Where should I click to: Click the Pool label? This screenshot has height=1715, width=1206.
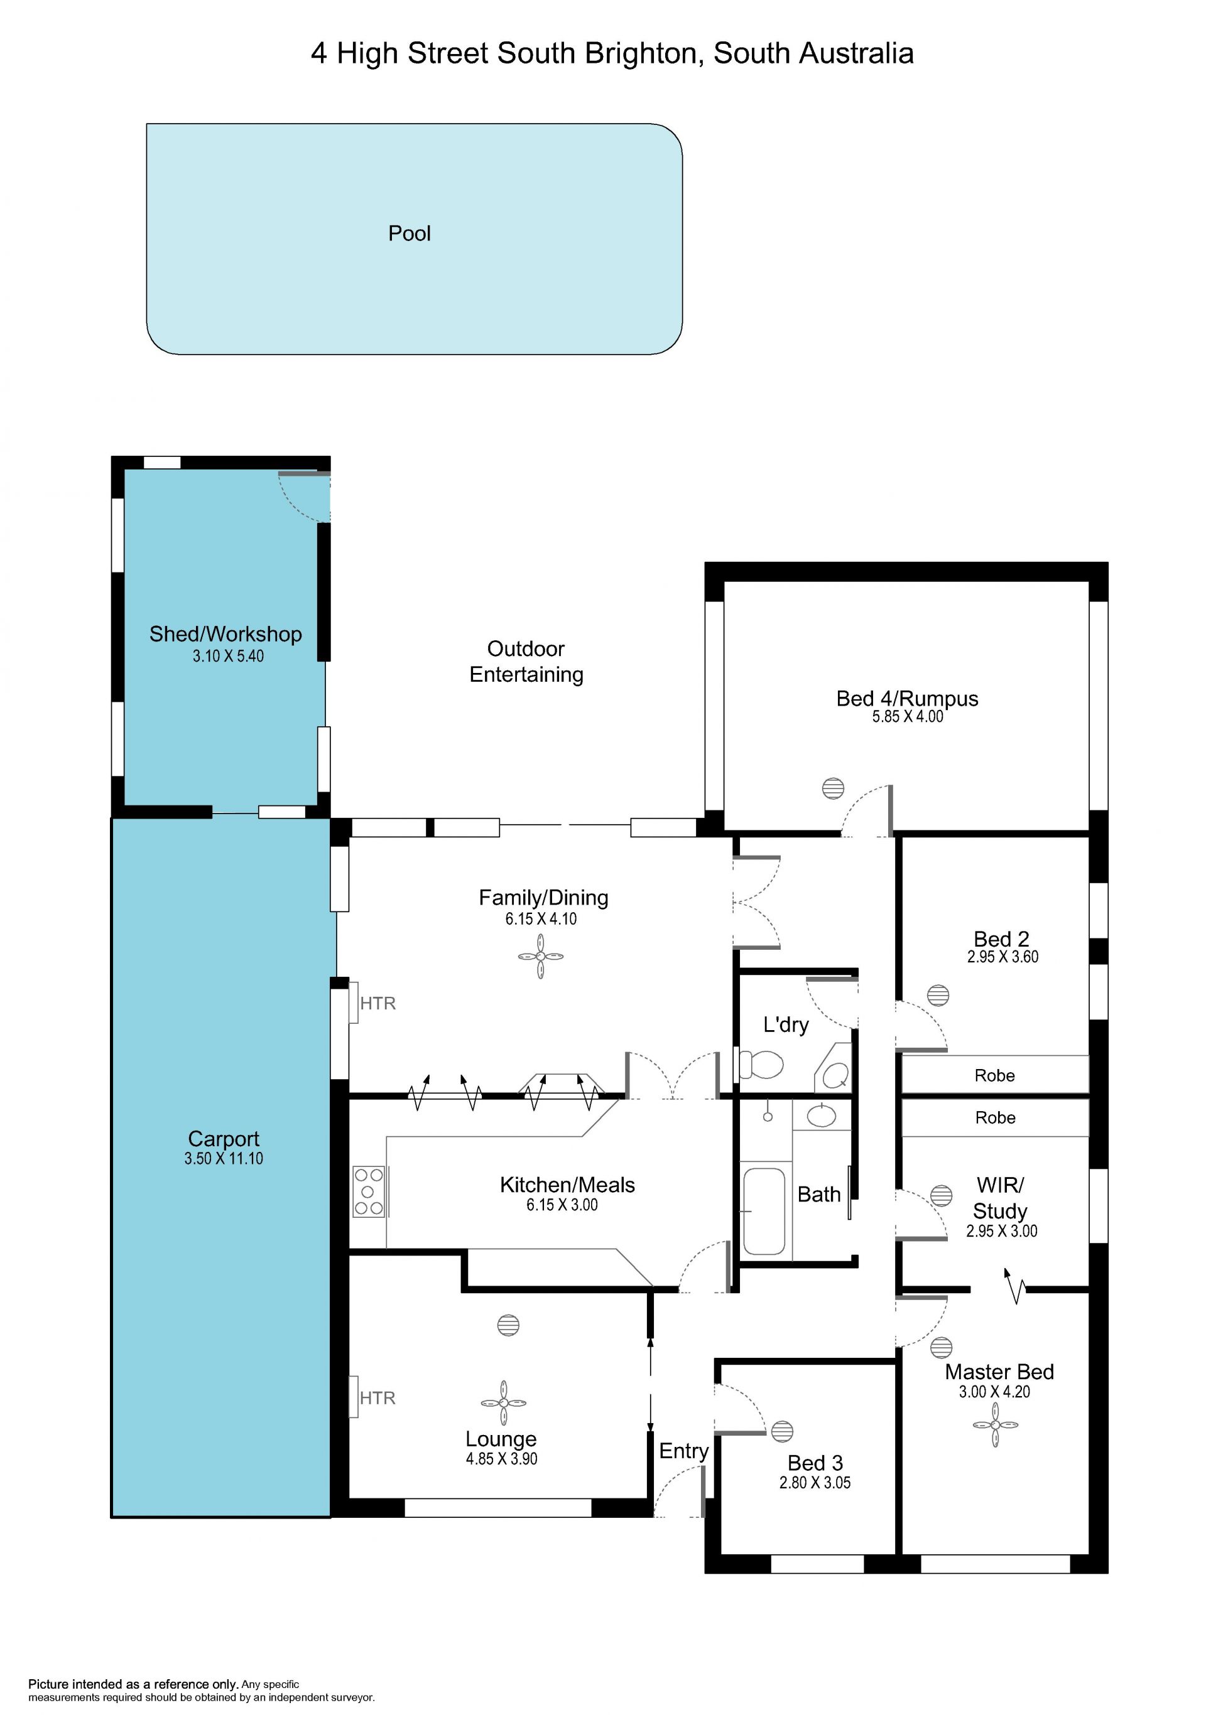[x=410, y=234]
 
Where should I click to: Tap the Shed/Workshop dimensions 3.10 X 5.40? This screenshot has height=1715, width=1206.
[x=228, y=656]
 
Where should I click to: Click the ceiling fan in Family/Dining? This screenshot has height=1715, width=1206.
[x=540, y=956]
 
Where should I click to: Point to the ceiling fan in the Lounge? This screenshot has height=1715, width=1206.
[x=504, y=1403]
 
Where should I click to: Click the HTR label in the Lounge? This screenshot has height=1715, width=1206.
[x=378, y=1397]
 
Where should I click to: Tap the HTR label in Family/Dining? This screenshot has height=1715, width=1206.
[x=378, y=1003]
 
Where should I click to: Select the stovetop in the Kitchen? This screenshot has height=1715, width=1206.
[x=368, y=1191]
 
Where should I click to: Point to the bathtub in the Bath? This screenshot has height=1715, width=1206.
[x=764, y=1211]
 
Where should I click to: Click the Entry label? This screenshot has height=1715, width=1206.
[x=683, y=1451]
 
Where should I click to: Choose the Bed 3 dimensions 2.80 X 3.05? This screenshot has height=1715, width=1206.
[x=815, y=1483]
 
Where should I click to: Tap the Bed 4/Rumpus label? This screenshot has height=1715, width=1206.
[x=907, y=699]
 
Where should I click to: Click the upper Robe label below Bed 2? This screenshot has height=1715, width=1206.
[x=994, y=1075]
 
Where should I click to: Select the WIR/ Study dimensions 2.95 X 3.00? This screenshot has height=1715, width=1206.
[x=1001, y=1231]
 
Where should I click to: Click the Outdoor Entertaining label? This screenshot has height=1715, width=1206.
[x=526, y=661]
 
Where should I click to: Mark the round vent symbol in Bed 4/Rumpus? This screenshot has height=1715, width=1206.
[x=832, y=788]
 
